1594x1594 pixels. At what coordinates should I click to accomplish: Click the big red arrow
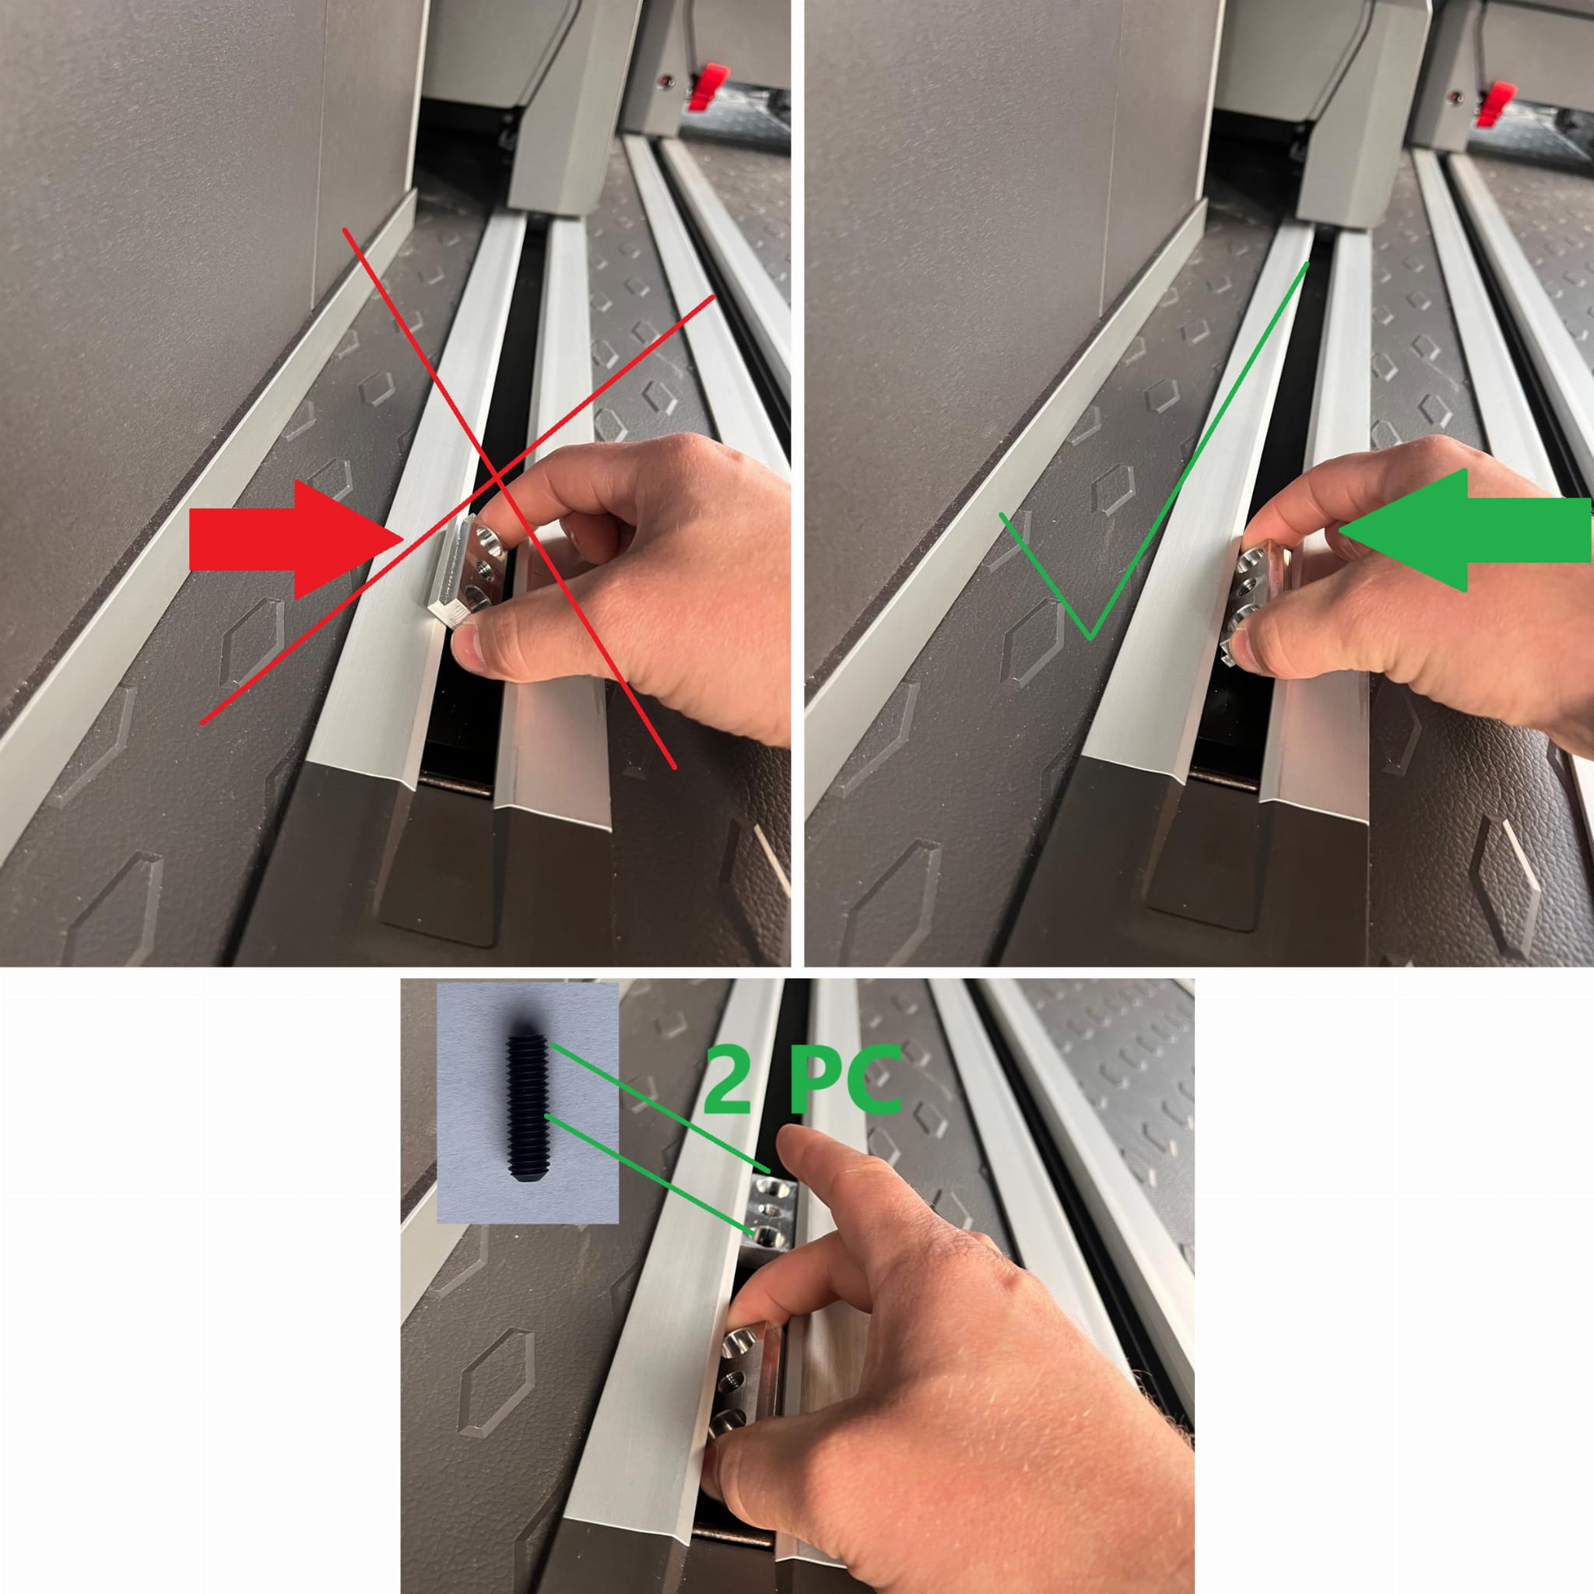[293, 540]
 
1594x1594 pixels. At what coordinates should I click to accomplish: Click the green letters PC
[844, 1078]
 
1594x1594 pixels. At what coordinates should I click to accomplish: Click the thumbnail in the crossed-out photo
[467, 646]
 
